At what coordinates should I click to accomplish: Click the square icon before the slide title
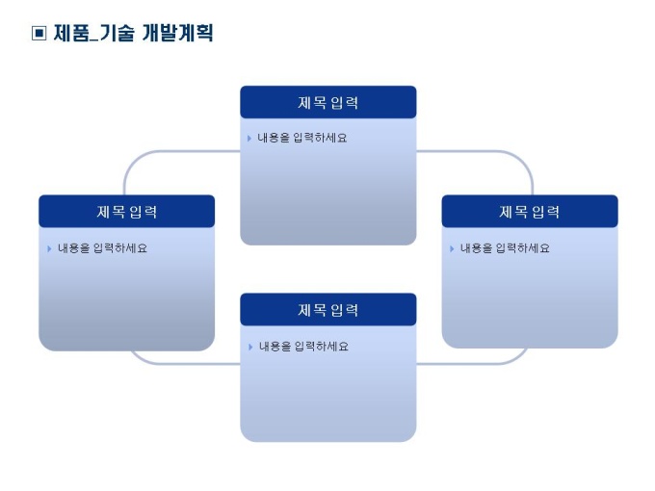pyautogui.click(x=39, y=34)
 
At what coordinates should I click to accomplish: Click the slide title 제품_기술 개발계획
pyautogui.click(x=133, y=34)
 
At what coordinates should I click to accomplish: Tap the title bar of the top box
pyautogui.click(x=327, y=103)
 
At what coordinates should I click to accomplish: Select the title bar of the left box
pyautogui.click(x=126, y=212)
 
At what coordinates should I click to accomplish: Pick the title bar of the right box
pyautogui.click(x=529, y=212)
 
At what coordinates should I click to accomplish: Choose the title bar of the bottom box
pyautogui.click(x=327, y=310)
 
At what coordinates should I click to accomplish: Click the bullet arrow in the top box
pyautogui.click(x=249, y=139)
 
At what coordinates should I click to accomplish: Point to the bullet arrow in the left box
pyautogui.click(x=48, y=248)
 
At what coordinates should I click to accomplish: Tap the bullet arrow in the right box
pyautogui.click(x=451, y=248)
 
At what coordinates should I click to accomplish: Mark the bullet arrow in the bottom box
pyautogui.click(x=249, y=347)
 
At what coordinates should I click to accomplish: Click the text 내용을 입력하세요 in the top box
pyautogui.click(x=302, y=139)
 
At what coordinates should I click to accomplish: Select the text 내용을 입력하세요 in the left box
pyautogui.click(x=102, y=248)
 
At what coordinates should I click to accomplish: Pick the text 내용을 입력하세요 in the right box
pyautogui.click(x=505, y=248)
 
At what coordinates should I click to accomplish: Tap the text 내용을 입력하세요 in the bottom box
pyautogui.click(x=302, y=347)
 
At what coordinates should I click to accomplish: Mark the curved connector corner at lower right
pyautogui.click(x=519, y=357)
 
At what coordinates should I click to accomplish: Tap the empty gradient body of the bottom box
pyautogui.click(x=327, y=400)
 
